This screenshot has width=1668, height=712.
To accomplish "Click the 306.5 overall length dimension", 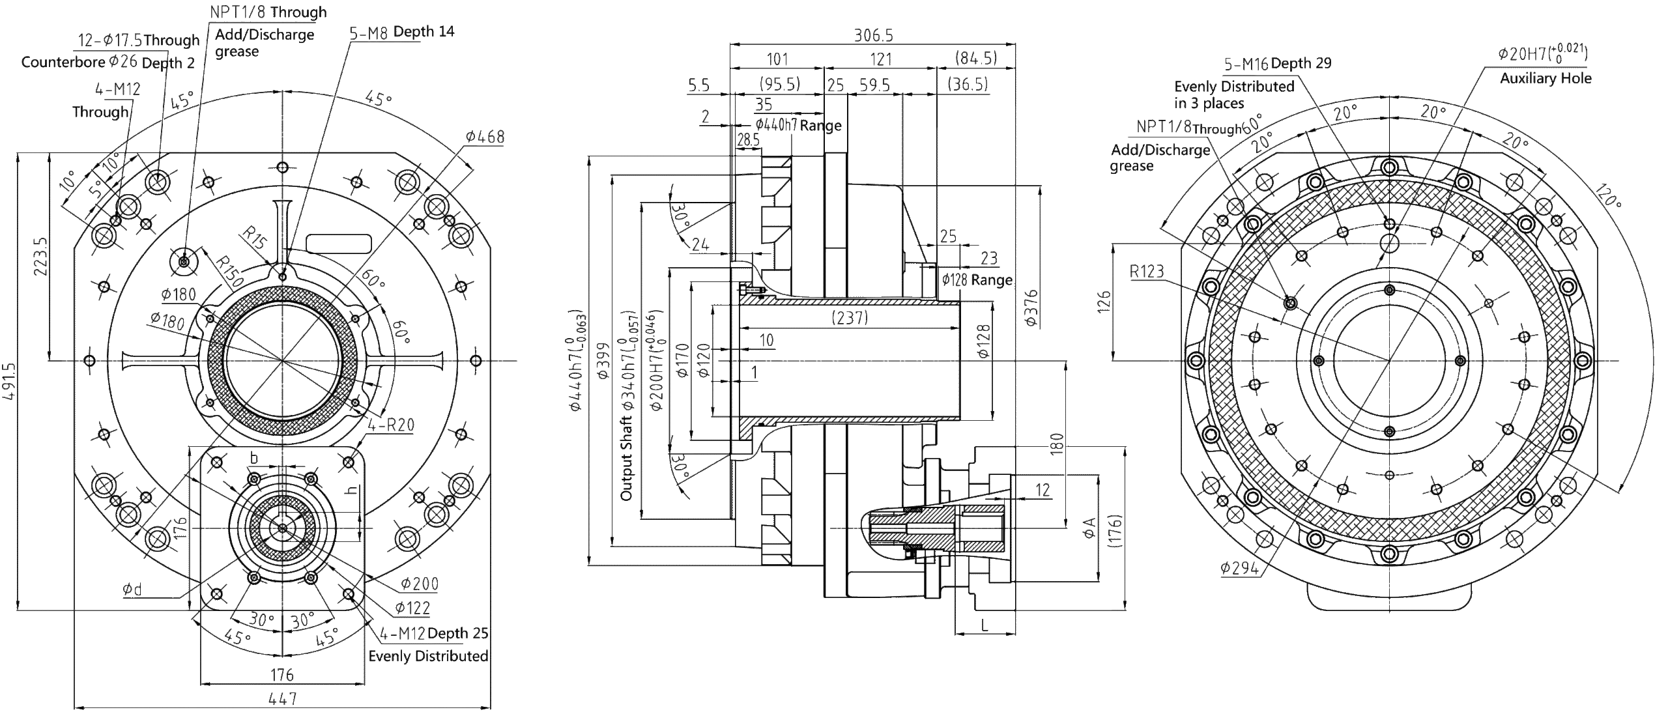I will (x=873, y=35).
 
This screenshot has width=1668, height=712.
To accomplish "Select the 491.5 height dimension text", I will (x=10, y=382).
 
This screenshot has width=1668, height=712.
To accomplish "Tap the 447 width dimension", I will (x=282, y=699).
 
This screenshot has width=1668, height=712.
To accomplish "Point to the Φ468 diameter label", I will (x=485, y=137).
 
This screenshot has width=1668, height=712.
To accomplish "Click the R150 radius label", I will (x=229, y=271).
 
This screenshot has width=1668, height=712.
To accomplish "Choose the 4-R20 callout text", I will (x=390, y=425).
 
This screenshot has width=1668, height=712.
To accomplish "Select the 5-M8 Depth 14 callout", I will (x=401, y=32).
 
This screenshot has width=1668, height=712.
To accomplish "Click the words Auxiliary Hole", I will (x=1546, y=79).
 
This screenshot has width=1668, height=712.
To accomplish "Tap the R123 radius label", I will (x=1146, y=271).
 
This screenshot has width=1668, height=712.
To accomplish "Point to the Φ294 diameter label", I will (x=1240, y=568).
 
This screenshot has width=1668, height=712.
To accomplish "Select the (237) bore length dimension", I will (x=850, y=317).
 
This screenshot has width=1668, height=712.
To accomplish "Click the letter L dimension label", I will (x=985, y=625).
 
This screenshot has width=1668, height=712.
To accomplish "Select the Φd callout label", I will (x=132, y=590).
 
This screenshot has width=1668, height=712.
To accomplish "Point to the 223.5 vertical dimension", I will (x=40, y=255).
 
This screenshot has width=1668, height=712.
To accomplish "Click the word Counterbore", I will (x=63, y=62).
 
